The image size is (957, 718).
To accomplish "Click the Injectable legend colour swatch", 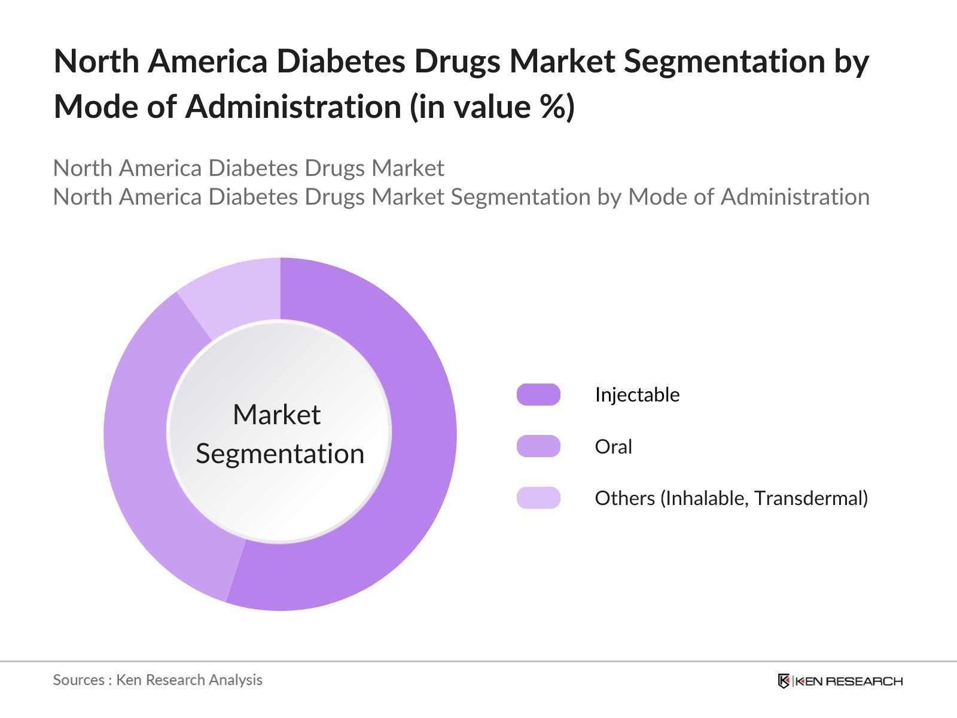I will [538, 395].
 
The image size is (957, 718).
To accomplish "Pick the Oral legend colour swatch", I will [538, 446].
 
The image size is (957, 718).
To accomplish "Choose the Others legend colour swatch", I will [538, 498].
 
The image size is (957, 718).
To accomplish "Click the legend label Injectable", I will [637, 395].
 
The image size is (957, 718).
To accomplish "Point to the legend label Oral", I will [613, 446].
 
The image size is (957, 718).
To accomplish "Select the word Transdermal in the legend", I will [810, 498].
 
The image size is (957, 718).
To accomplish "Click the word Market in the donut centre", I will [276, 415].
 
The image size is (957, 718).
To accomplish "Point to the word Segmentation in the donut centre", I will [280, 454].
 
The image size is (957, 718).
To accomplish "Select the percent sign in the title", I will [552, 107].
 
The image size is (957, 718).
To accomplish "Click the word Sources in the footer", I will [78, 680].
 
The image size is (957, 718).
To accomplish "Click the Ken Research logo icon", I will [784, 681].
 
